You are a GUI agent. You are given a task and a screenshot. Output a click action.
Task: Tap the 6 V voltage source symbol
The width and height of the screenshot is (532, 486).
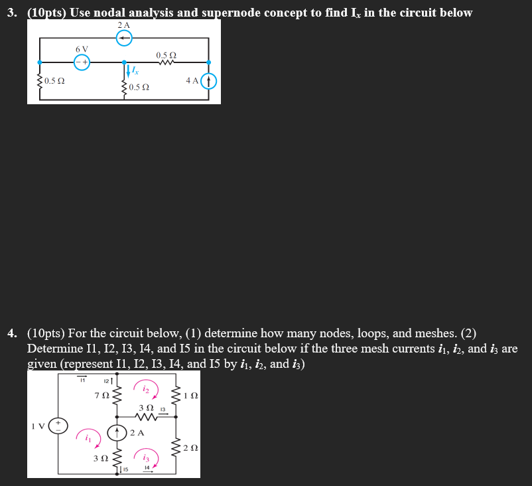point(82,61)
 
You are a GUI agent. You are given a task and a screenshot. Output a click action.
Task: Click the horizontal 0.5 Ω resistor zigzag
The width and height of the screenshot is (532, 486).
point(165,64)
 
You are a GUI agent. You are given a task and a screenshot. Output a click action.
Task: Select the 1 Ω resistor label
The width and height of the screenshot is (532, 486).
point(190,397)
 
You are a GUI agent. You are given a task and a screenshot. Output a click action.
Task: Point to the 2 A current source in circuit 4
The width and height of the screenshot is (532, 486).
point(117,433)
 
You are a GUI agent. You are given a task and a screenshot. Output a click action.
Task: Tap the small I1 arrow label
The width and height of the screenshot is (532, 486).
point(83,380)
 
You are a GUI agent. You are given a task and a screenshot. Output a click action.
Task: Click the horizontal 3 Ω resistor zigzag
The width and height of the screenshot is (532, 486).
point(146,417)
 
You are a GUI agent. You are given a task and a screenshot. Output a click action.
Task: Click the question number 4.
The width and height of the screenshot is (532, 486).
point(11,333)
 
